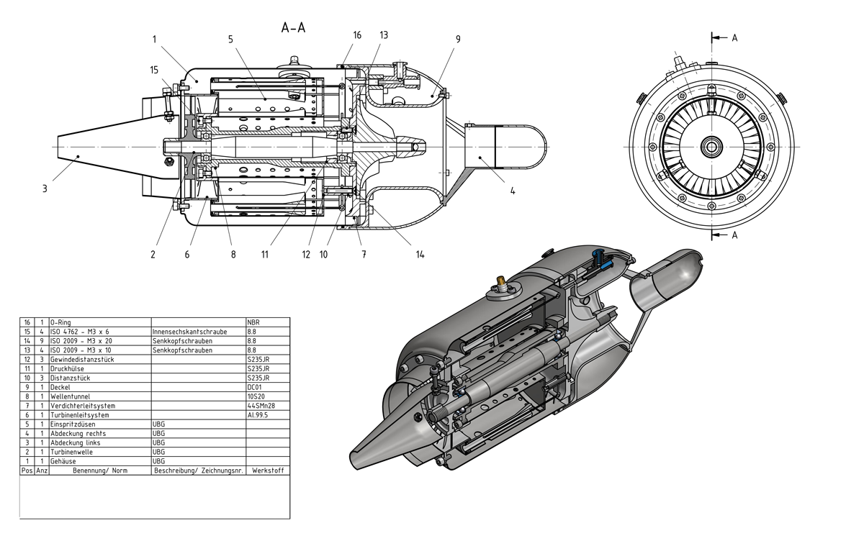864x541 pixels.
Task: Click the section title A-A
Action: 294,28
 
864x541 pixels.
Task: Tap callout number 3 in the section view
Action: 45,189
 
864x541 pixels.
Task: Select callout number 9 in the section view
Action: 458,39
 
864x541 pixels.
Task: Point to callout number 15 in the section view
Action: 153,70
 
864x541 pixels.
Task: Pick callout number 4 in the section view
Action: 513,191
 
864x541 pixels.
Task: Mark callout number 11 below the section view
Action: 265,253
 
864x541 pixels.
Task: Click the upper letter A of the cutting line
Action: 734,39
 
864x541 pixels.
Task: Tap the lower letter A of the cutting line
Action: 734,235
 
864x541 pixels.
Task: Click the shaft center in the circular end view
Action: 711,146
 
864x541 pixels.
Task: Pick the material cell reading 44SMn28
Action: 259,406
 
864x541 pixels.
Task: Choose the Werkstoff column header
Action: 267,470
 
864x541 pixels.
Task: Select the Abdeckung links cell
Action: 76,443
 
